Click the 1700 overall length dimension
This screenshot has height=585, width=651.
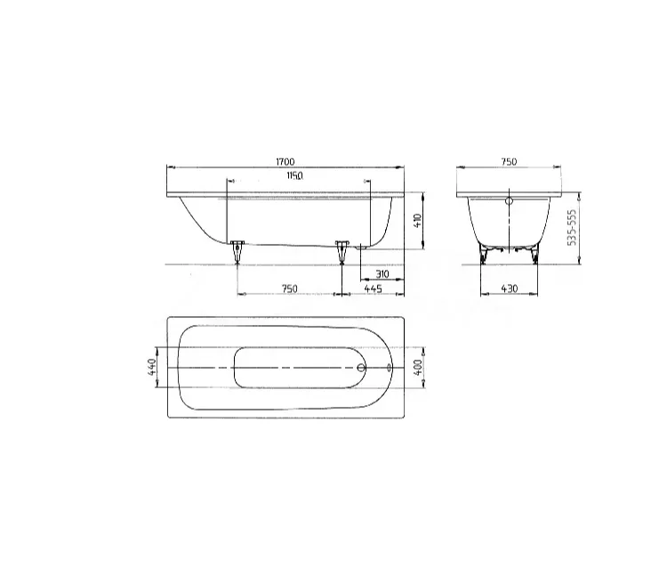(x=285, y=161)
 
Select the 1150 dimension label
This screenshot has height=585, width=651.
(x=294, y=176)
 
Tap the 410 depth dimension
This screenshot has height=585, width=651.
(x=417, y=220)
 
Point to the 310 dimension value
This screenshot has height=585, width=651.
(x=382, y=274)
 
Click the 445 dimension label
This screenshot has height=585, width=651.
(x=374, y=288)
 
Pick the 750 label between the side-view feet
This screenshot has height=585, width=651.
(x=289, y=288)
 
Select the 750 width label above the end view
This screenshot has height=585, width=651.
(x=509, y=161)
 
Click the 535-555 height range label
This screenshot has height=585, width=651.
(x=572, y=227)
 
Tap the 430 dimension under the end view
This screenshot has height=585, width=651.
(x=510, y=288)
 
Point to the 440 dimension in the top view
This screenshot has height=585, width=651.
(x=152, y=367)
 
